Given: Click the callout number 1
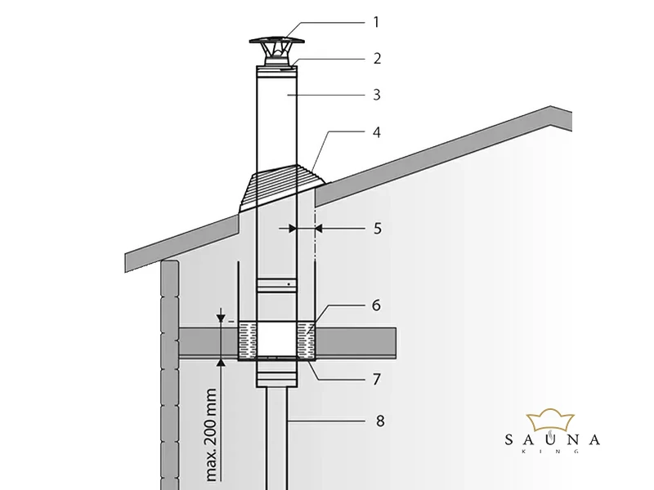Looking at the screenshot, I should (376, 22).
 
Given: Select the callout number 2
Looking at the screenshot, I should (376, 59).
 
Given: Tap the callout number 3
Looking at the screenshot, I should (376, 95).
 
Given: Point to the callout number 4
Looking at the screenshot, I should (376, 131).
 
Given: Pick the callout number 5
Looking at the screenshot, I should (377, 229).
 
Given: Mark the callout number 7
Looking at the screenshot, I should (376, 380).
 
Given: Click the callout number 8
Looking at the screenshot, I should (376, 421).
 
